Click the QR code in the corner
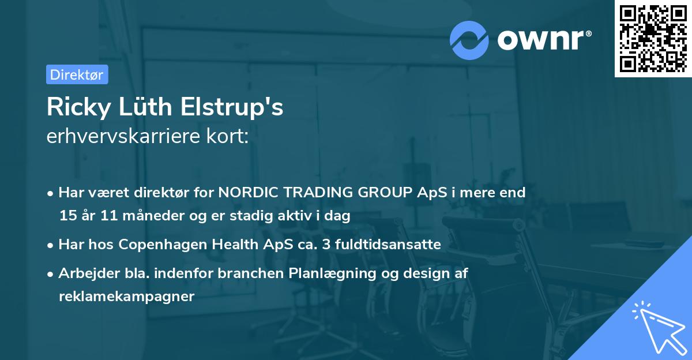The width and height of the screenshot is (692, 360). pos(653,39)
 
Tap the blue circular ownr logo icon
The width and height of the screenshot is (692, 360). pos(469,40)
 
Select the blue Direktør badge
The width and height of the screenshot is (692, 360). pos(77,74)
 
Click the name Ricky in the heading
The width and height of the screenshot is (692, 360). pos(79,107)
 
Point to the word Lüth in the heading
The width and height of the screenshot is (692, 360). pos(145,107)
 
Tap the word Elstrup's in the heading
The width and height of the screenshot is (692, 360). pos(232,107)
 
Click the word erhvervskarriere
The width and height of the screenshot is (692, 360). pos(123,136)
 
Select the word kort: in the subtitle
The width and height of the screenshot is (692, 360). pos(228,136)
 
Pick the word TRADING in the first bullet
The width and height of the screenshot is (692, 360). pos(318,192)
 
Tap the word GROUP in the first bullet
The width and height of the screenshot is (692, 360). pos(385,192)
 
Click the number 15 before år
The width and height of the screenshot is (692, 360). pos(68,215)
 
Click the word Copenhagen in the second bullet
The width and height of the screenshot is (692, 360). pos(163,245)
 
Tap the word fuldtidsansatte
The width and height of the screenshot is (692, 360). pos(388,244)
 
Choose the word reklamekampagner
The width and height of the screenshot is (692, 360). pos(127,297)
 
